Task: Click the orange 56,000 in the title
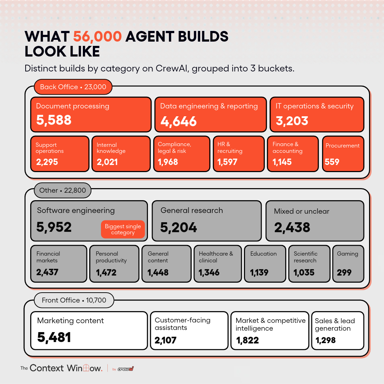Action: (x=97, y=37)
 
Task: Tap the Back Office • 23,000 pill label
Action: (x=73, y=87)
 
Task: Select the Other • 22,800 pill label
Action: (x=63, y=190)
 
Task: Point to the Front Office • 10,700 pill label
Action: (x=74, y=300)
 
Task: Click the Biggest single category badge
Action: (x=123, y=229)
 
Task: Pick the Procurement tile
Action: (x=343, y=154)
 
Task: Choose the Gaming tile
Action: (x=348, y=264)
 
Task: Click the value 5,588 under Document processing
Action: (x=54, y=120)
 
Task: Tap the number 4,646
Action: (x=178, y=121)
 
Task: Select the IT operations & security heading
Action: (x=314, y=106)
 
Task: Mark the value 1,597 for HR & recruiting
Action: (x=227, y=162)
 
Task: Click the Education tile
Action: (x=265, y=264)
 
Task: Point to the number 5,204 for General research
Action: (x=178, y=228)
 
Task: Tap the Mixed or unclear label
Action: (x=302, y=211)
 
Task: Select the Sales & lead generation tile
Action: (x=338, y=331)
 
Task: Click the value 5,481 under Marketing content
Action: (x=54, y=337)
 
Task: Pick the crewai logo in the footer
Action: (x=126, y=369)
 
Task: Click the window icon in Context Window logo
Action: (x=86, y=368)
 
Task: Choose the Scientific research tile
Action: (x=309, y=264)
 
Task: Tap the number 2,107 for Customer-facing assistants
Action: (x=166, y=340)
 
